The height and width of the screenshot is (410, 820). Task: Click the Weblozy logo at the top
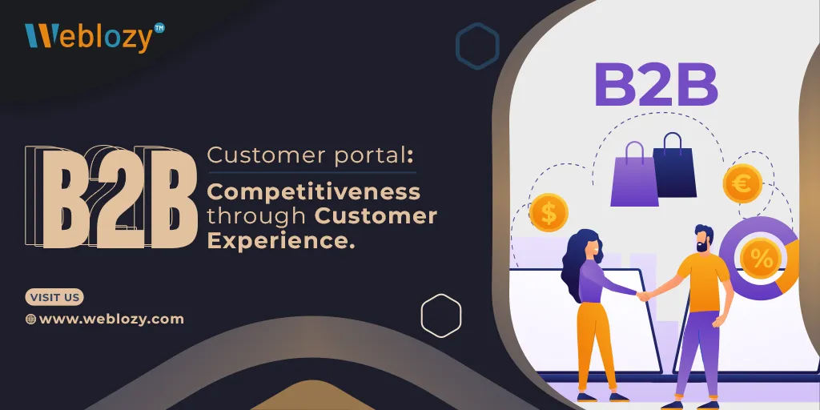point(94,37)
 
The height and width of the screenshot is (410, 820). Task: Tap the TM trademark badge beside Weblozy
point(159,28)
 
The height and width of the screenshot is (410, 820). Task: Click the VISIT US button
point(54,298)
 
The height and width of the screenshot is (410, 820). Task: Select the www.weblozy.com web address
point(111,319)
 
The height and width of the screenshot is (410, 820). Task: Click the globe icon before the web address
point(31,319)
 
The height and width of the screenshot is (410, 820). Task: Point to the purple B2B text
point(656,85)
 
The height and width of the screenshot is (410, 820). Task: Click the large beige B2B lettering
point(112,197)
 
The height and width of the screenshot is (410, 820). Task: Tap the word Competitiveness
point(314,192)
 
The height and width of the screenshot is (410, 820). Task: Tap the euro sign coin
point(742,183)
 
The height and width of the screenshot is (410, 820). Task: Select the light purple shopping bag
point(634,174)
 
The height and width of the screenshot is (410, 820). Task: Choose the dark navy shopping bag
point(674,165)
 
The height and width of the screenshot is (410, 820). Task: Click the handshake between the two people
point(644,296)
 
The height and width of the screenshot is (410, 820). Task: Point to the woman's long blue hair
point(575,264)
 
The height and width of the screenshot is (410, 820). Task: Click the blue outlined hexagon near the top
point(477,46)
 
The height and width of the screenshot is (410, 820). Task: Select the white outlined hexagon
point(441,316)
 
